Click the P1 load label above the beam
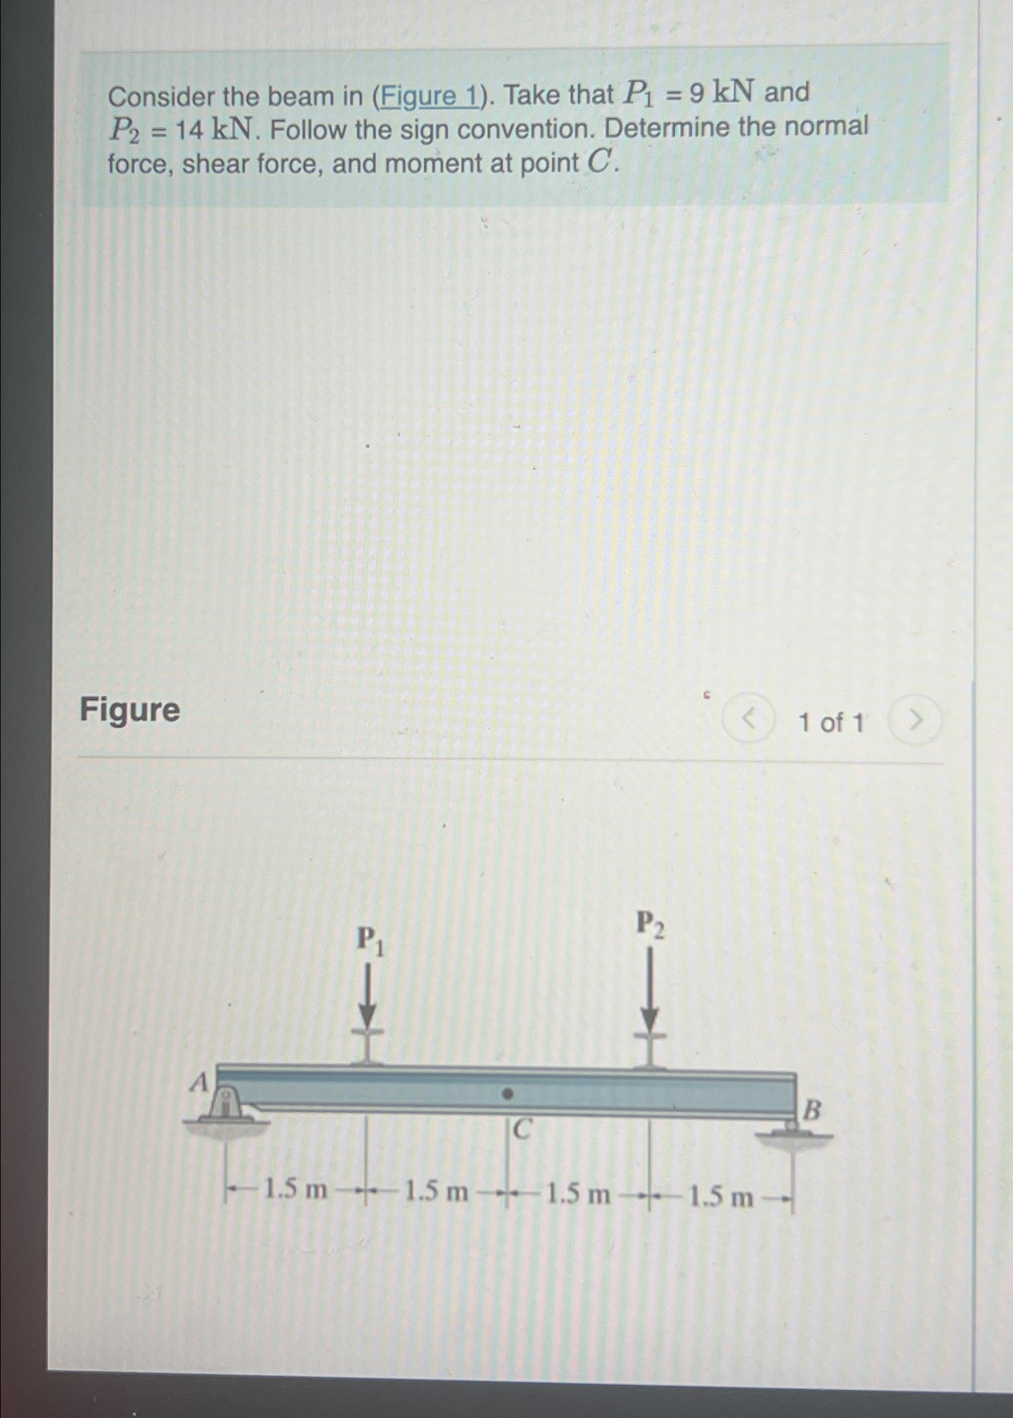click(370, 941)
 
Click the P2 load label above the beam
click(650, 925)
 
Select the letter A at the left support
click(199, 1082)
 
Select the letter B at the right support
click(812, 1110)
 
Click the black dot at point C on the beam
click(509, 1095)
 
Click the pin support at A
click(224, 1106)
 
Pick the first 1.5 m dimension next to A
click(295, 1190)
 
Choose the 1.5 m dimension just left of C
click(436, 1191)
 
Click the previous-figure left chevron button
click(749, 719)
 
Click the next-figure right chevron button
click(915, 719)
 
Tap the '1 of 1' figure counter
click(831, 722)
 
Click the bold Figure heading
click(130, 710)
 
